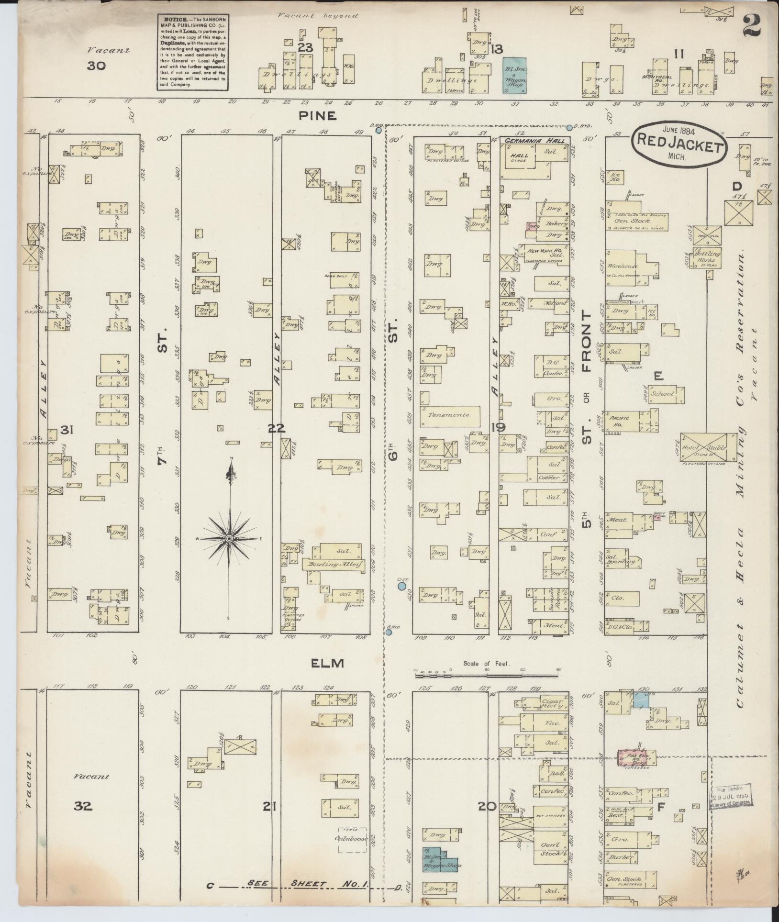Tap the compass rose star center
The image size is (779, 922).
[x=230, y=539]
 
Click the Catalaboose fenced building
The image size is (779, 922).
[x=352, y=839]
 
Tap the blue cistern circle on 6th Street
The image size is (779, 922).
[x=402, y=586]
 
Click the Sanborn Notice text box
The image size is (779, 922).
[x=193, y=51]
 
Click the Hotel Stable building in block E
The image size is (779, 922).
[x=703, y=447]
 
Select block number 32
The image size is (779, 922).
[x=83, y=806]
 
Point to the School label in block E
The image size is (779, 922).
[x=662, y=394]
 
